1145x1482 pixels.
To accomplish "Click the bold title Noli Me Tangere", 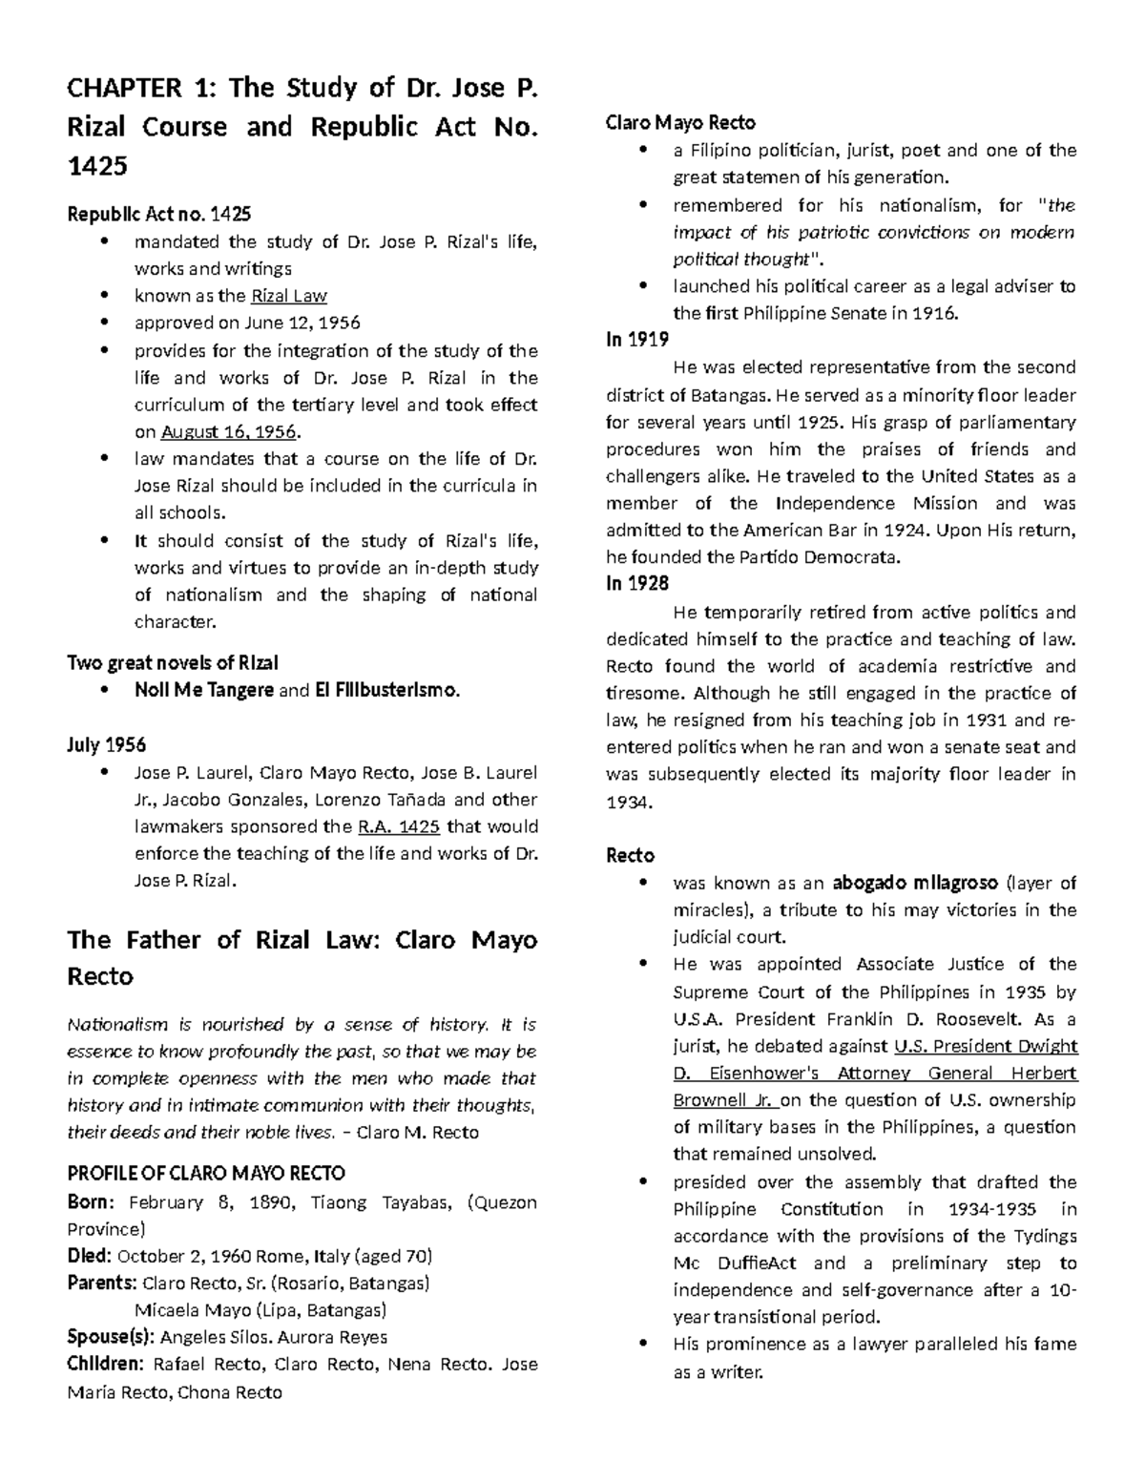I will click(204, 690).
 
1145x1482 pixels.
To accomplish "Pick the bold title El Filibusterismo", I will click(386, 690).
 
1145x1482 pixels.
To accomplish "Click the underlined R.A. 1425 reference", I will click(399, 826).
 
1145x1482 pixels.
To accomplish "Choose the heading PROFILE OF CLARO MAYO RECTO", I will click(206, 1173).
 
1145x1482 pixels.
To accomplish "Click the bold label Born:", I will click(92, 1201).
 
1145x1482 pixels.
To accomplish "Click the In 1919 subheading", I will click(637, 340).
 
